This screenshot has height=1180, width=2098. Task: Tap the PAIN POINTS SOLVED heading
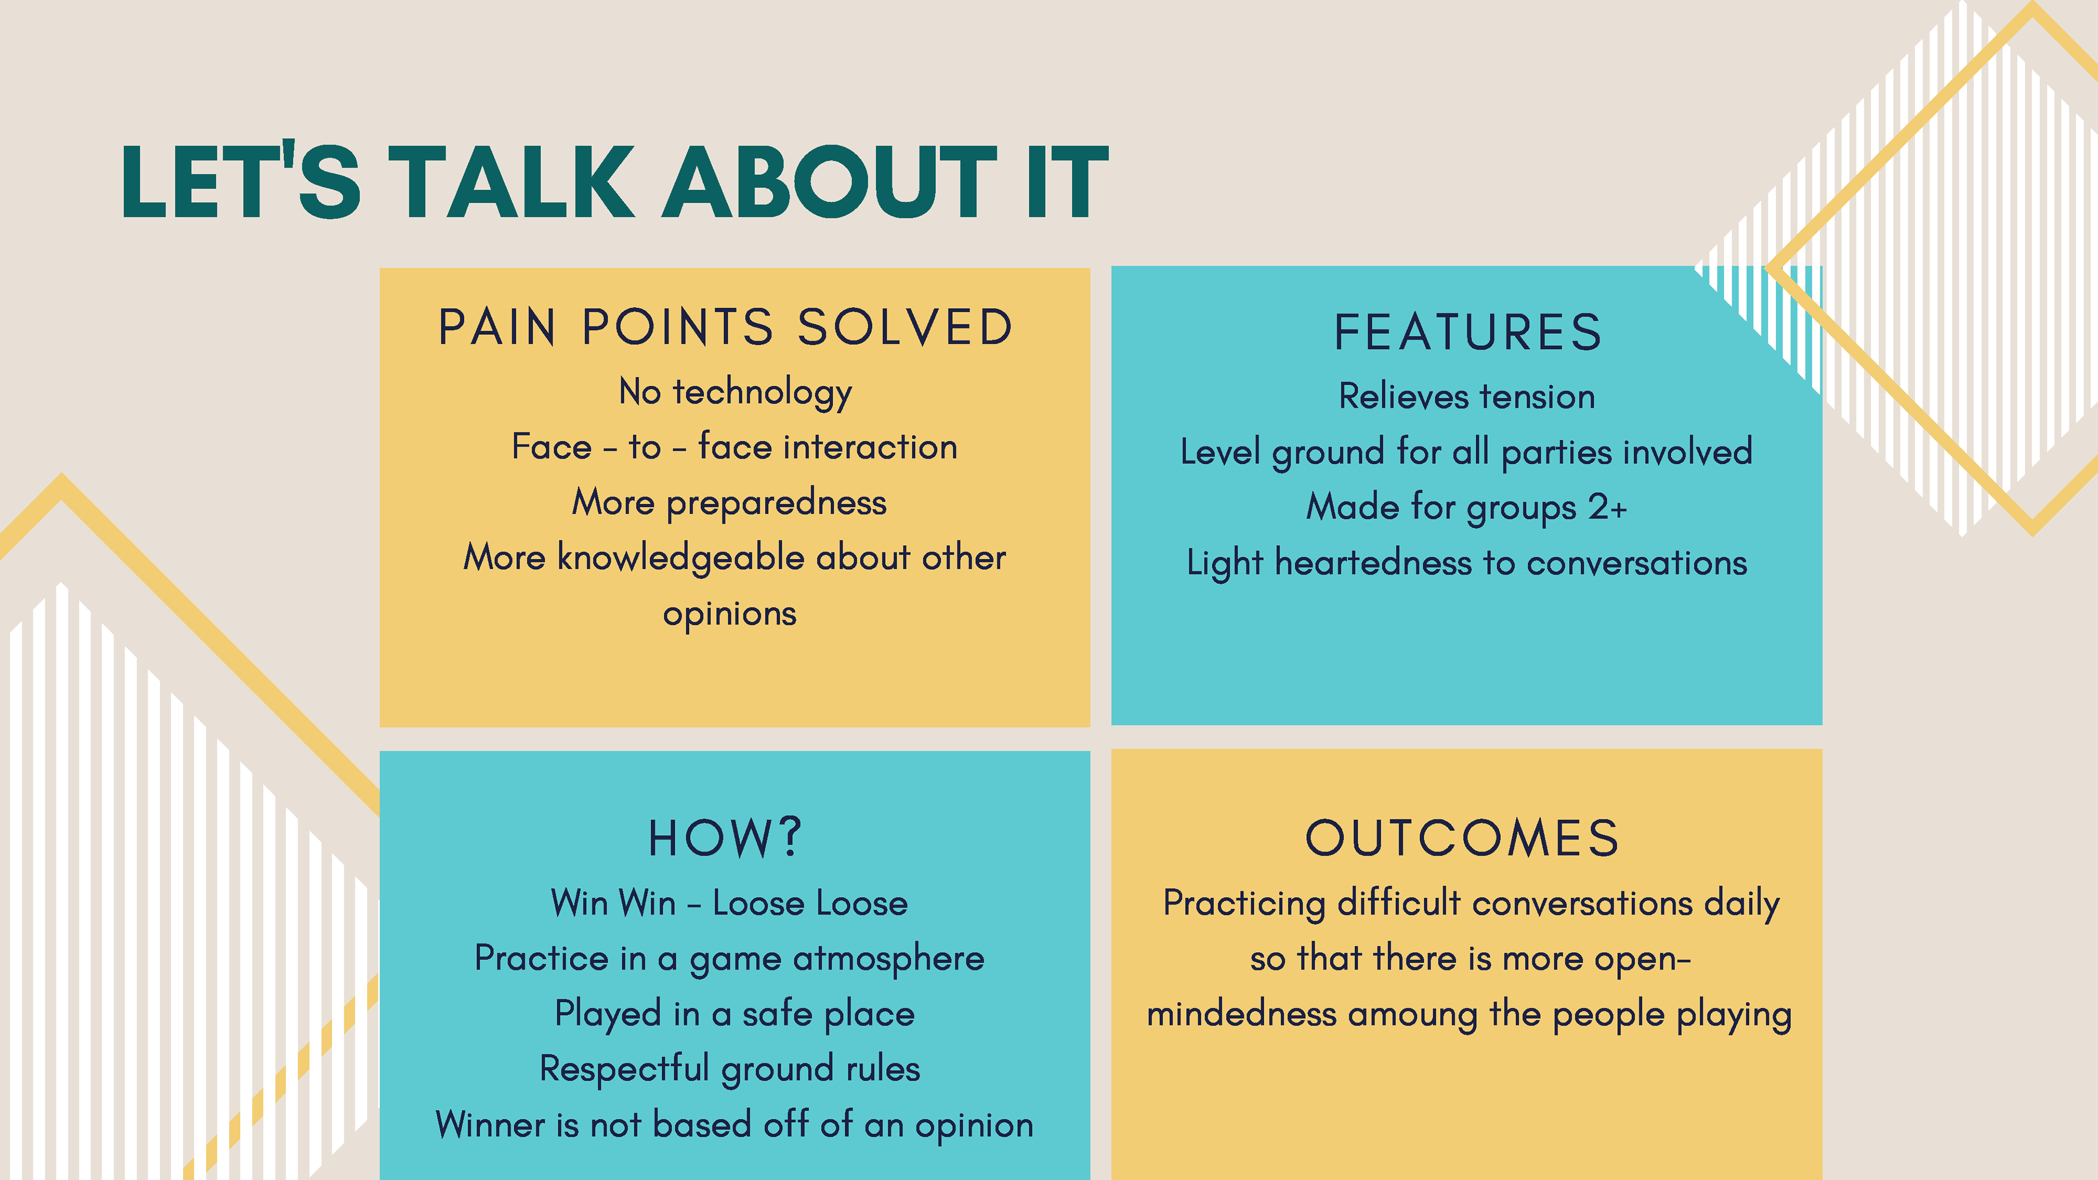tap(726, 327)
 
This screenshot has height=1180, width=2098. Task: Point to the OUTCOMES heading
tap(1463, 838)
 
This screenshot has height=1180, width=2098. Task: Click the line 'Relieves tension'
tap(1468, 397)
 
